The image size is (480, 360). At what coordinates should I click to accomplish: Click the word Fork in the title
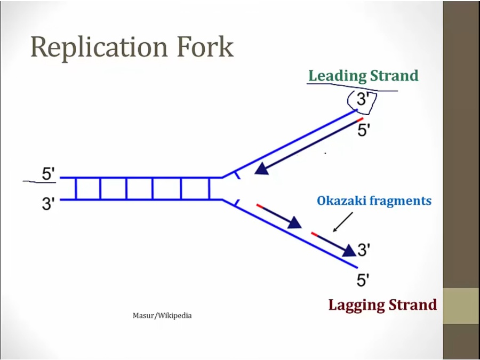pos(207,47)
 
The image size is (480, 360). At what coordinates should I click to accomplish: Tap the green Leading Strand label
pos(363,76)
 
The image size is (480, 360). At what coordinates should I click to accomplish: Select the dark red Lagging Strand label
pos(382,305)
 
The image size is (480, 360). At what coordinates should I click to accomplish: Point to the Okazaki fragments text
pos(374,201)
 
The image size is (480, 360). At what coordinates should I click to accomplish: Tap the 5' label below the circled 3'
pos(364,130)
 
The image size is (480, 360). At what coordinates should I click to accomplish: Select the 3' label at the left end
pos(49,204)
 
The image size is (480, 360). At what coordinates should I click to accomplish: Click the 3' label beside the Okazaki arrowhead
pos(364,249)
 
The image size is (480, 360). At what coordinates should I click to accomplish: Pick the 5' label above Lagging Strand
pos(364,279)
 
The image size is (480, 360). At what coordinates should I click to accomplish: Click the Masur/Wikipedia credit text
pos(162,316)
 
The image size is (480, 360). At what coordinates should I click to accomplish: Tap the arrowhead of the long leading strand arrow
pos(261,169)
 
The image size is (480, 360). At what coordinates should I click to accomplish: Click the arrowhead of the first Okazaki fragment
pos(294,222)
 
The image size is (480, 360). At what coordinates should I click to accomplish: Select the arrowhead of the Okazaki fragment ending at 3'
pos(349,250)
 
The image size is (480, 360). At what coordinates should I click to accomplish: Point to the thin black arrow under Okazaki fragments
pos(343,222)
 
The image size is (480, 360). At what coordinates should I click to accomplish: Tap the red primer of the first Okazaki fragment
pos(260,205)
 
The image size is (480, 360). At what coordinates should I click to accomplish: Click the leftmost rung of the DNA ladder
pos(76,189)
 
